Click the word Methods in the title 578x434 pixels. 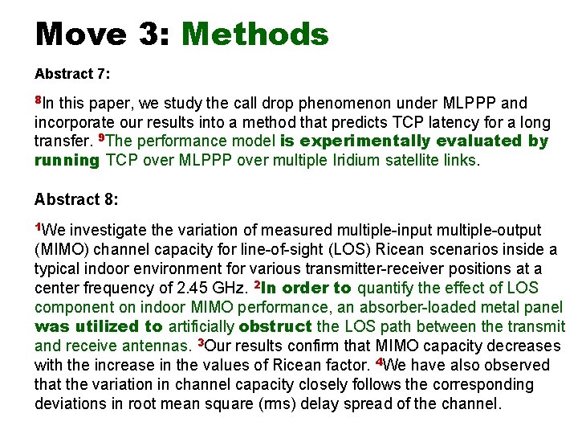[x=255, y=35]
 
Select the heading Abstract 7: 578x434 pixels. [x=72, y=74]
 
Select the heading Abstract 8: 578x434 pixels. [x=72, y=199]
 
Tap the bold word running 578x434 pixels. [x=67, y=161]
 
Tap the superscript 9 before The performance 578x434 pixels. [x=100, y=138]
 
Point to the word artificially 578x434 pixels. [x=201, y=327]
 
